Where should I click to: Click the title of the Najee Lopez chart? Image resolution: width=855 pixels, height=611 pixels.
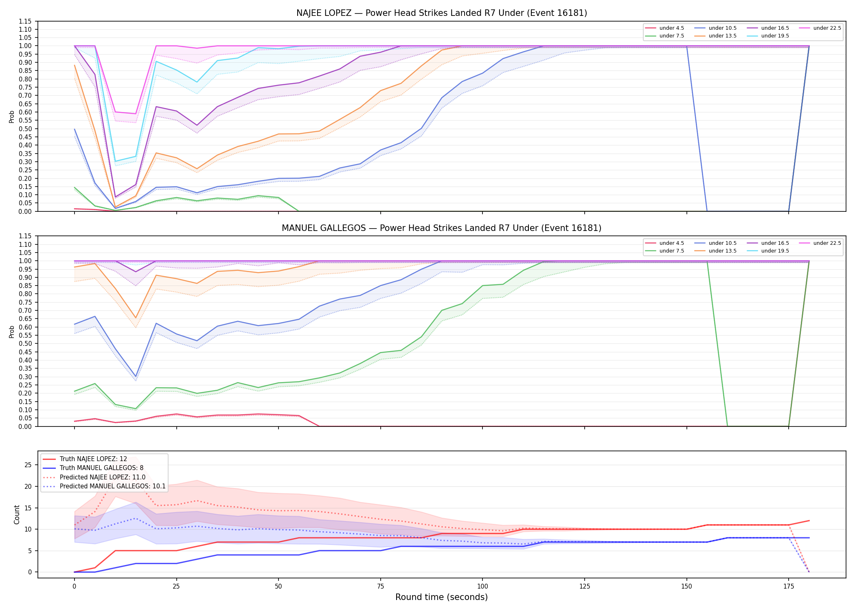click(442, 13)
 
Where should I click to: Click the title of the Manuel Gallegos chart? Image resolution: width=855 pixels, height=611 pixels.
click(442, 228)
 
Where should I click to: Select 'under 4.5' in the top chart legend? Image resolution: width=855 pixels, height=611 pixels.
click(671, 28)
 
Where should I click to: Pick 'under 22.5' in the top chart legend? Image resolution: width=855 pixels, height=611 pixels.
click(827, 28)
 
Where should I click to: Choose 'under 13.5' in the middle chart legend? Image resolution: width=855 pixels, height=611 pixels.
click(722, 251)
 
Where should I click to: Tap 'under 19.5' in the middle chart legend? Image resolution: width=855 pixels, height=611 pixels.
click(775, 251)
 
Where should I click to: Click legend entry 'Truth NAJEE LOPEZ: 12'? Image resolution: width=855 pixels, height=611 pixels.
click(93, 459)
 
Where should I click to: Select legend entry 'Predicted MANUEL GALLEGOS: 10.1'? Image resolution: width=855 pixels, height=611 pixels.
click(113, 486)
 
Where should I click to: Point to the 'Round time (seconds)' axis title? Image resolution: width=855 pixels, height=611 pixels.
click(441, 597)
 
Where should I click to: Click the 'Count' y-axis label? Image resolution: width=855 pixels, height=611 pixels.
click(17, 514)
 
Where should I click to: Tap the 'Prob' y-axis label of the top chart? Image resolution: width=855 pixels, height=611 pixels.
click(12, 117)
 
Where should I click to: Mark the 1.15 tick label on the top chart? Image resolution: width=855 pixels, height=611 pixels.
click(25, 21)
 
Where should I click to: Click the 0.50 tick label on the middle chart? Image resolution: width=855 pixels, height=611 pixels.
click(25, 343)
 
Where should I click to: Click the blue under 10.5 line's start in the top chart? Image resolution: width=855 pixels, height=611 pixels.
click(75, 129)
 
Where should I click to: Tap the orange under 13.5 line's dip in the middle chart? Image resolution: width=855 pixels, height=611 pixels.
click(136, 318)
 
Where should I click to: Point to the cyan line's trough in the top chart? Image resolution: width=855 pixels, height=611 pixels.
click(115, 161)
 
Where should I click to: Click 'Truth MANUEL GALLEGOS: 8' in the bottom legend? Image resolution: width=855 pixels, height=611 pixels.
click(101, 468)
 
